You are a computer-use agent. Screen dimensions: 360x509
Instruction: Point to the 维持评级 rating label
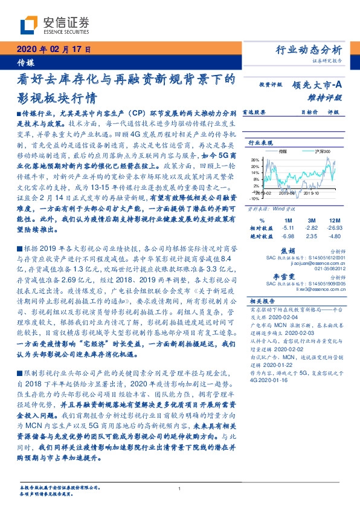(329, 97)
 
